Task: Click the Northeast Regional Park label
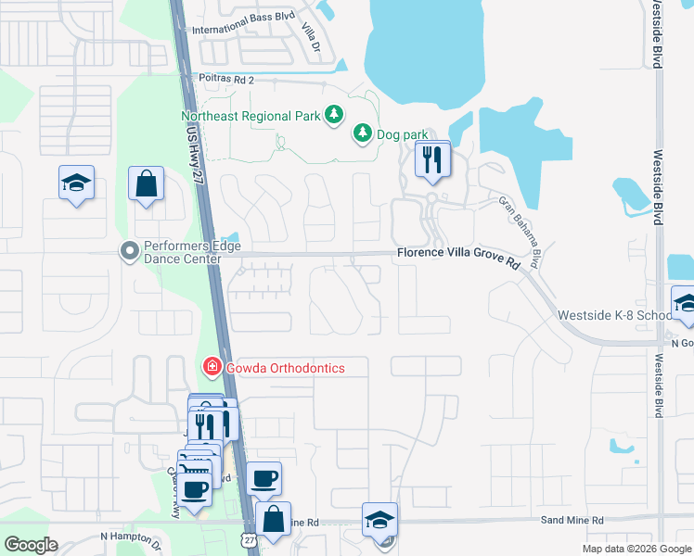click(x=251, y=117)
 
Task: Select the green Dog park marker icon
click(x=363, y=134)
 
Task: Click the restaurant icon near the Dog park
click(x=432, y=159)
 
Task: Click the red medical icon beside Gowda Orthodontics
click(x=212, y=368)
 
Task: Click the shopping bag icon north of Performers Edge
click(x=147, y=183)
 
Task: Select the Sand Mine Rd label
click(x=572, y=521)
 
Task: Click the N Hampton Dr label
click(x=131, y=537)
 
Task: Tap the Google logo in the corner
click(x=31, y=545)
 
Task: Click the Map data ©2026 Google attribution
click(x=636, y=549)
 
